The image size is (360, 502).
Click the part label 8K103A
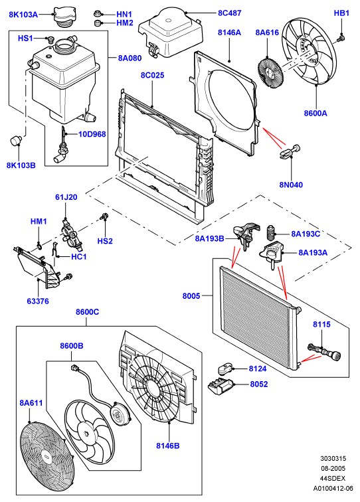pos(23,15)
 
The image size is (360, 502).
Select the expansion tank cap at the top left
pos(64,17)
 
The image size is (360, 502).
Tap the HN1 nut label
pos(124,15)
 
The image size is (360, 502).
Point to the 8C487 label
pos(230,13)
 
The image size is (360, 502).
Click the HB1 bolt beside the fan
pos(341,39)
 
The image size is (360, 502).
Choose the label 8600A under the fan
pos(315,113)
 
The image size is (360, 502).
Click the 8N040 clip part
pos(290,151)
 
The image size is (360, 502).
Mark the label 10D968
pos(92,134)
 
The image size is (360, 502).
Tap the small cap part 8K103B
pos(16,140)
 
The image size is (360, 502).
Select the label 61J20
pos(66,197)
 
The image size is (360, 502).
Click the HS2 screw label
pos(105,241)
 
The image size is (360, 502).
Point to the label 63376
pos(38,301)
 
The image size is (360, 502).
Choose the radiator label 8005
pos(191,296)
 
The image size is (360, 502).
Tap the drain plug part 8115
pos(324,352)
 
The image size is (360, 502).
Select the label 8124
pos(258,369)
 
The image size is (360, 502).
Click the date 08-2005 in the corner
pos(333,468)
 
